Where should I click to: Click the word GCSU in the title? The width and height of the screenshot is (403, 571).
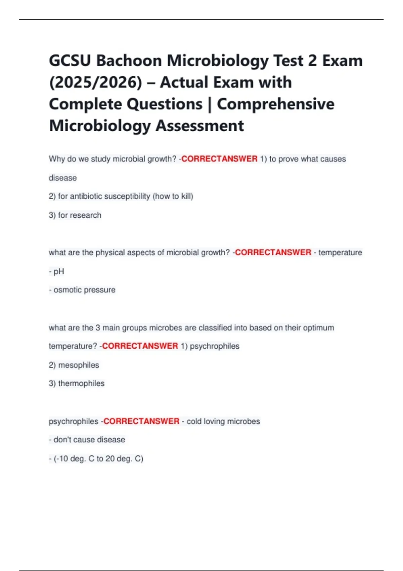coord(70,61)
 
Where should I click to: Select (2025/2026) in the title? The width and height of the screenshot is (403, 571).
coord(96,83)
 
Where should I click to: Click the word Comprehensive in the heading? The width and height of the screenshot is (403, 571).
coord(275,104)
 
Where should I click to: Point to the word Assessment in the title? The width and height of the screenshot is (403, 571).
coord(199,126)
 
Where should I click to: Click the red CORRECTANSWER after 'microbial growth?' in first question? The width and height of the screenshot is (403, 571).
coord(219,159)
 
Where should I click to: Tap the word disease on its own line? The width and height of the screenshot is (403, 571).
coord(63,178)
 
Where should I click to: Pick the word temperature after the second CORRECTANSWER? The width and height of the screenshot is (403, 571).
coord(340,252)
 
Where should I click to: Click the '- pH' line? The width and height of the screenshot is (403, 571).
coord(56,271)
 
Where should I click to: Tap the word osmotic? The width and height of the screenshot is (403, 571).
coord(65,290)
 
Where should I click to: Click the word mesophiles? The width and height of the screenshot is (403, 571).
coord(79,365)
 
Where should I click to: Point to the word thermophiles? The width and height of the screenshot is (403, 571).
coord(81,383)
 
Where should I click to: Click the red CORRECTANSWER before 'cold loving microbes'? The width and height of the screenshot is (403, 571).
coord(141,421)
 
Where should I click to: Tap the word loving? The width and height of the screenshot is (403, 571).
coord(214,421)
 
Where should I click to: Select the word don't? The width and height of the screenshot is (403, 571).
coord(61,440)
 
